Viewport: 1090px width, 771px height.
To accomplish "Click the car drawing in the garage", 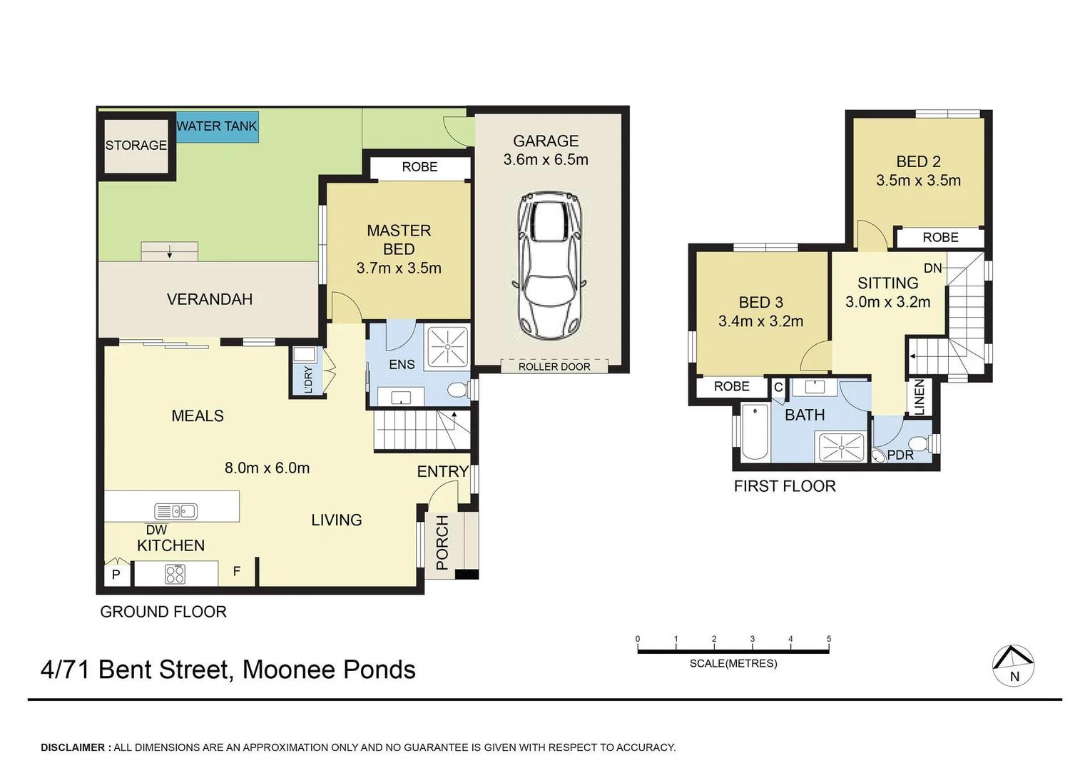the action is pos(549,266).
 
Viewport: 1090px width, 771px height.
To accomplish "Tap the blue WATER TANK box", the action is pos(217,126).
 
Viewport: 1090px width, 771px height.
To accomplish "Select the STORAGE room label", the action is pos(136,145).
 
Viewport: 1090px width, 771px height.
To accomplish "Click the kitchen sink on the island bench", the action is pos(175,511).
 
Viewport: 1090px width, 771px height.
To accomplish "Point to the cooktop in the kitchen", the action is pos(175,574).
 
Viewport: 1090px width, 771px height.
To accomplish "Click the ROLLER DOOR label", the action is pos(554,367).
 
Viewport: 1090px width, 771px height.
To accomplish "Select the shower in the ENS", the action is pos(448,347).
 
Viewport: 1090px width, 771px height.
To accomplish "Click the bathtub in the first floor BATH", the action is pos(755,432).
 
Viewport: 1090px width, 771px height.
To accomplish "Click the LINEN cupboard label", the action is pos(920,398).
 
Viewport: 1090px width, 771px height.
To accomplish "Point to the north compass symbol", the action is pos(1013,666).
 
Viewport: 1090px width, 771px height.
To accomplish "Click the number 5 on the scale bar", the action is pos(829,638).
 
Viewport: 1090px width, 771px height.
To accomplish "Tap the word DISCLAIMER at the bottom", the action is pos(73,747).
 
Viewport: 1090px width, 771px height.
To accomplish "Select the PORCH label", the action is pos(442,543).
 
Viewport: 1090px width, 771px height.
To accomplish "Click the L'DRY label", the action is pos(308,380).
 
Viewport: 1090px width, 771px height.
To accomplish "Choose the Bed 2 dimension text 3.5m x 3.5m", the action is pos(918,180).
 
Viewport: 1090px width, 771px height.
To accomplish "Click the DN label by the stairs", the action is pos(933,268).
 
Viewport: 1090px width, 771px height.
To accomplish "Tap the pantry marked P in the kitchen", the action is pos(116,575).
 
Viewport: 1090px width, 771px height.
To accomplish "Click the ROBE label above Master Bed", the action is pos(419,167).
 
